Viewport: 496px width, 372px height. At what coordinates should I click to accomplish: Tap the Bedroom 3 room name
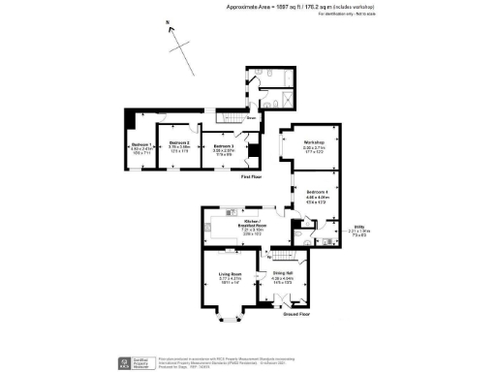click(225, 144)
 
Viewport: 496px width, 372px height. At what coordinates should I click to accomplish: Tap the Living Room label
click(229, 275)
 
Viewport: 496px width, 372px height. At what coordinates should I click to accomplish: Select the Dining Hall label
click(283, 275)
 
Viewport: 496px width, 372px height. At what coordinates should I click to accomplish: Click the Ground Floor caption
click(295, 315)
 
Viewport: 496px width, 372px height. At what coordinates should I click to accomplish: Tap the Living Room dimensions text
click(229, 282)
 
